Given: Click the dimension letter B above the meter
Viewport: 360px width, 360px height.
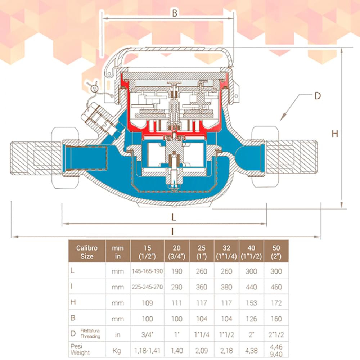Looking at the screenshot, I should point(175,13).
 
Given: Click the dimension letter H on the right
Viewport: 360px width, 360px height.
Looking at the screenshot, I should point(335,134).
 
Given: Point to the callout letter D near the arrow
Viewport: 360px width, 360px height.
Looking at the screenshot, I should point(317,96).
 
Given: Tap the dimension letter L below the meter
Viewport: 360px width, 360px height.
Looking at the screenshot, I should point(174,217).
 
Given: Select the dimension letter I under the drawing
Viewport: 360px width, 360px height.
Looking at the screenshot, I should point(172,232).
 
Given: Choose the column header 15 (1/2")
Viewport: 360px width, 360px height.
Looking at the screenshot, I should point(147,252).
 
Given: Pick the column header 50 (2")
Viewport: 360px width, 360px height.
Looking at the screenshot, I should point(276,252).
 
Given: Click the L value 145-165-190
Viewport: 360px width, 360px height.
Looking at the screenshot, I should point(147,271).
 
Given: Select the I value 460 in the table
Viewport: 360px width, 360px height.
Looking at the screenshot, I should point(276,287).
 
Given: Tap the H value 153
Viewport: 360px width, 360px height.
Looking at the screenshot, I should point(251,303).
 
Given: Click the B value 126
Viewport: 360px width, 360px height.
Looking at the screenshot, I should point(251,319).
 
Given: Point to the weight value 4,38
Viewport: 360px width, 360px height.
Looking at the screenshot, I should point(251,350).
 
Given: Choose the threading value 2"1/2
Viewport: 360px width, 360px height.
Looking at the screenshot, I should point(276,334).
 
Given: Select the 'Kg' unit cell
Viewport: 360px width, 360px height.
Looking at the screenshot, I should point(117,350).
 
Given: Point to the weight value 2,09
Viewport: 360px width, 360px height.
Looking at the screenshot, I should point(202,350).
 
